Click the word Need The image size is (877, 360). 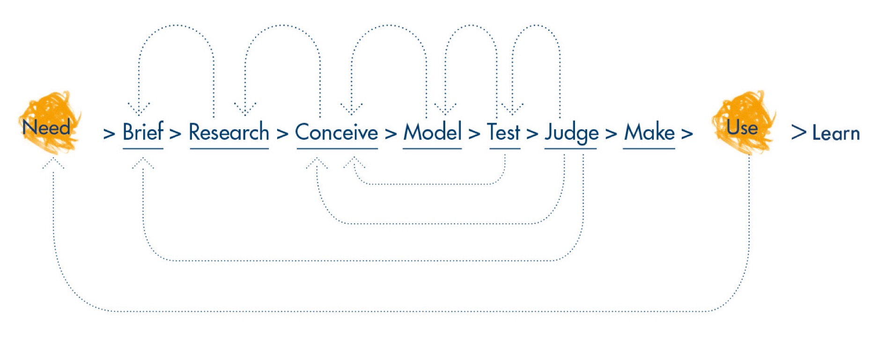[46, 127]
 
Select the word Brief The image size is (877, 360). [143, 132]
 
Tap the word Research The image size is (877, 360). [229, 132]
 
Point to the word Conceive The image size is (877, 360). [337, 132]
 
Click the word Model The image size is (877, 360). [432, 132]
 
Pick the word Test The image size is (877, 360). [504, 132]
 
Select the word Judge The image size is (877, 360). [571, 133]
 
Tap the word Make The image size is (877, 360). [649, 132]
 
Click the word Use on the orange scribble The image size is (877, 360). [742, 127]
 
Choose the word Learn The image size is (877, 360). [836, 133]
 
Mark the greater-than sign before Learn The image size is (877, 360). [799, 132]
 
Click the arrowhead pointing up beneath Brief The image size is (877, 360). [143, 162]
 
